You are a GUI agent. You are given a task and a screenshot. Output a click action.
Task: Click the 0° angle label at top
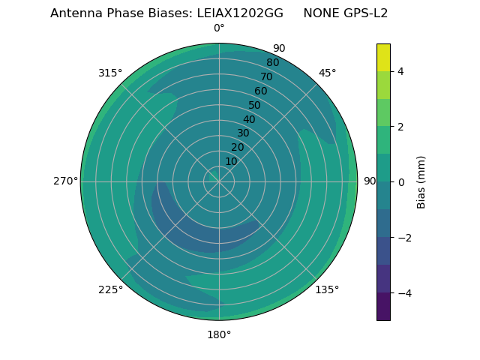(219, 28)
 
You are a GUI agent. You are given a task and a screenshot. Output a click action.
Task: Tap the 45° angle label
(327, 73)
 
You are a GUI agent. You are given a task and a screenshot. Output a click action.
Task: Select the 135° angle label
(327, 289)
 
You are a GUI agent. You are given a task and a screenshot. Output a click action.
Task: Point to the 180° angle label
(219, 334)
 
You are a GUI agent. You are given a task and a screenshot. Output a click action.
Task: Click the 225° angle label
(110, 289)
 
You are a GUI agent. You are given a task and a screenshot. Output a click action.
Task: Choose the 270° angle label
(65, 181)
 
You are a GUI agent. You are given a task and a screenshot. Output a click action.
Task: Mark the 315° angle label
(110, 73)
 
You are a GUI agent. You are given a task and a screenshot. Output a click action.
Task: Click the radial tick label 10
(231, 161)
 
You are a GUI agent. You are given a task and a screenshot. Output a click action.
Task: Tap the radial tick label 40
(249, 119)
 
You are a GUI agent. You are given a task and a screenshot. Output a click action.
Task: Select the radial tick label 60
(261, 91)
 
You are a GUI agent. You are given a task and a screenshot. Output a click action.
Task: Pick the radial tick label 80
(273, 63)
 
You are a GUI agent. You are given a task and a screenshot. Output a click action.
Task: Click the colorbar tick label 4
(400, 71)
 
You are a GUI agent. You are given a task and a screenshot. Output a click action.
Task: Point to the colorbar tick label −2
(403, 237)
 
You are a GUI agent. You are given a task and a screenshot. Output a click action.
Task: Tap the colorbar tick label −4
(403, 292)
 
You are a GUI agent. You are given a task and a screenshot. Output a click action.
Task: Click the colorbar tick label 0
(400, 181)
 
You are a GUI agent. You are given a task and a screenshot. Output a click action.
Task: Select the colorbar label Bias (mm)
(421, 181)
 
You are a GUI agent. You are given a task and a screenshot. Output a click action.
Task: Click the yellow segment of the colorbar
(383, 57)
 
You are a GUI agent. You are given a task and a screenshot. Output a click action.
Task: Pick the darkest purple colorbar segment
(383, 306)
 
